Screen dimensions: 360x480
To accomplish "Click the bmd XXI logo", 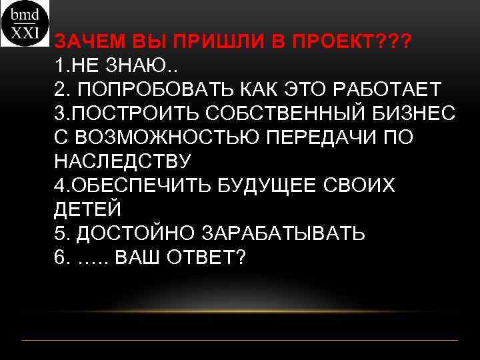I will [x=25, y=23].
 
